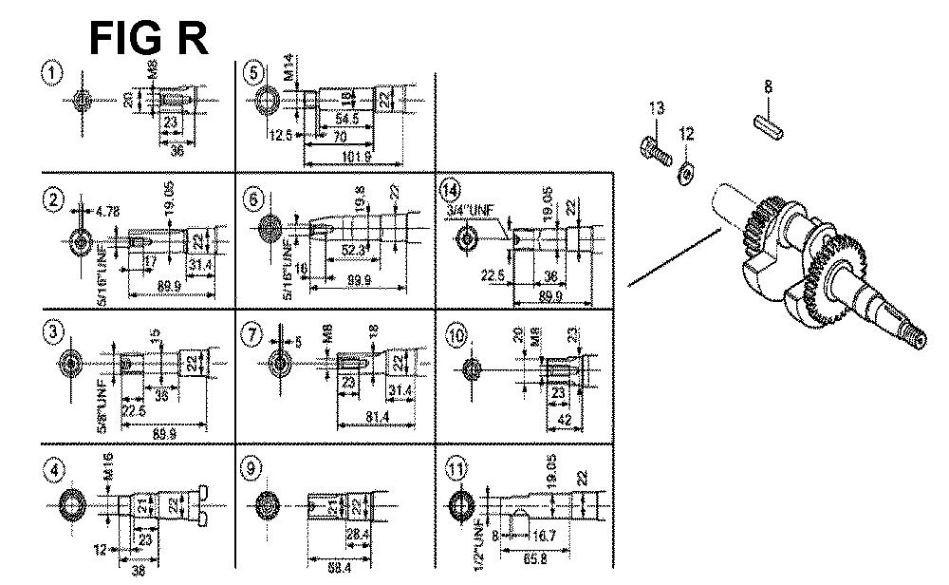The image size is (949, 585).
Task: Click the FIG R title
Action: pos(148,39)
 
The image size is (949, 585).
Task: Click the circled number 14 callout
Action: pos(451,189)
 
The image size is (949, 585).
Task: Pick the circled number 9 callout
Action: pos(251,469)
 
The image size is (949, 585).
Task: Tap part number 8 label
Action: pos(768,87)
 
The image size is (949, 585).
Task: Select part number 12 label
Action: pos(686,134)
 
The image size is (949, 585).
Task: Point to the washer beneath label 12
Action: pos(686,173)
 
